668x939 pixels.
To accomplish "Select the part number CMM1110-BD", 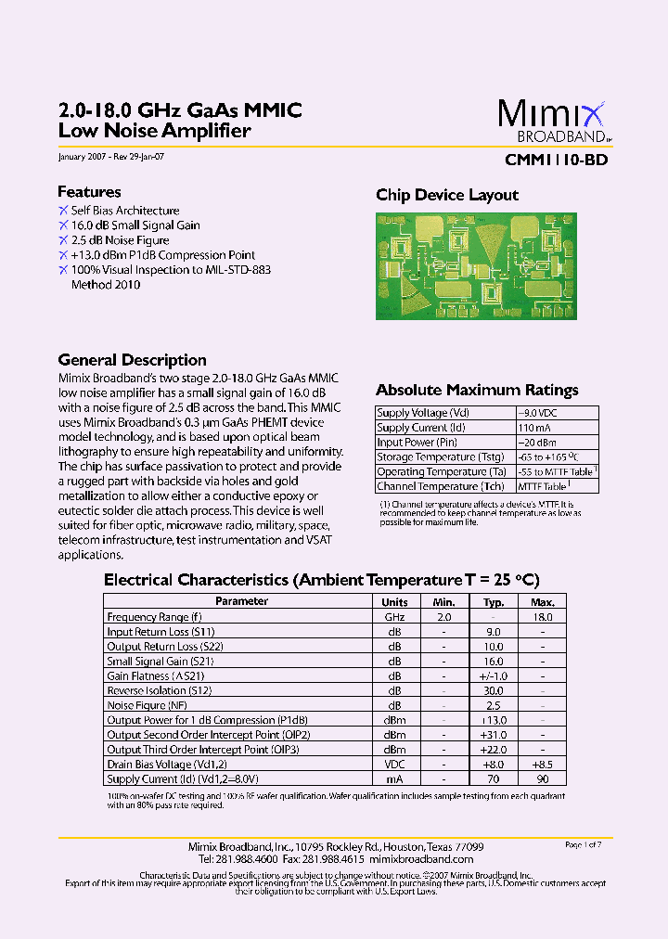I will click(x=556, y=159).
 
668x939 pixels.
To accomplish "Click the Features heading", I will click(x=89, y=192).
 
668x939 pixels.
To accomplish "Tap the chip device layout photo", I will click(x=476, y=266).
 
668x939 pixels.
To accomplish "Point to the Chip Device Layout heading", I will click(x=447, y=195).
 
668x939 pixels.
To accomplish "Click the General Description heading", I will click(x=132, y=360).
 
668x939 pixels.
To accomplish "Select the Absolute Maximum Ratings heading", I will click(x=477, y=391).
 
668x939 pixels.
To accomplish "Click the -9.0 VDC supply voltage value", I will click(x=538, y=413).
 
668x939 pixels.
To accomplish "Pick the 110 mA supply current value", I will click(x=534, y=428).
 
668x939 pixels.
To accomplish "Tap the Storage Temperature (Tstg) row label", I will click(x=441, y=457).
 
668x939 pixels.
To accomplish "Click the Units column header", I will click(x=394, y=601).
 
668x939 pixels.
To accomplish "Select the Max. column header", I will click(x=542, y=601).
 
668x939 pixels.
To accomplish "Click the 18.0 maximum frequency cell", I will click(x=542, y=617).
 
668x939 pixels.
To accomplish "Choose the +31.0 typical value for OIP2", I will click(x=493, y=735).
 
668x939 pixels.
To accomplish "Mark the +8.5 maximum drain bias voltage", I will click(x=542, y=765).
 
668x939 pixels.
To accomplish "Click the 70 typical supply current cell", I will click(x=493, y=779).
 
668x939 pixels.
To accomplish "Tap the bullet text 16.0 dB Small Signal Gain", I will click(x=135, y=225).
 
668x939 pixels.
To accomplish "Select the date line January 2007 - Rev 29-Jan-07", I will click(x=111, y=157).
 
